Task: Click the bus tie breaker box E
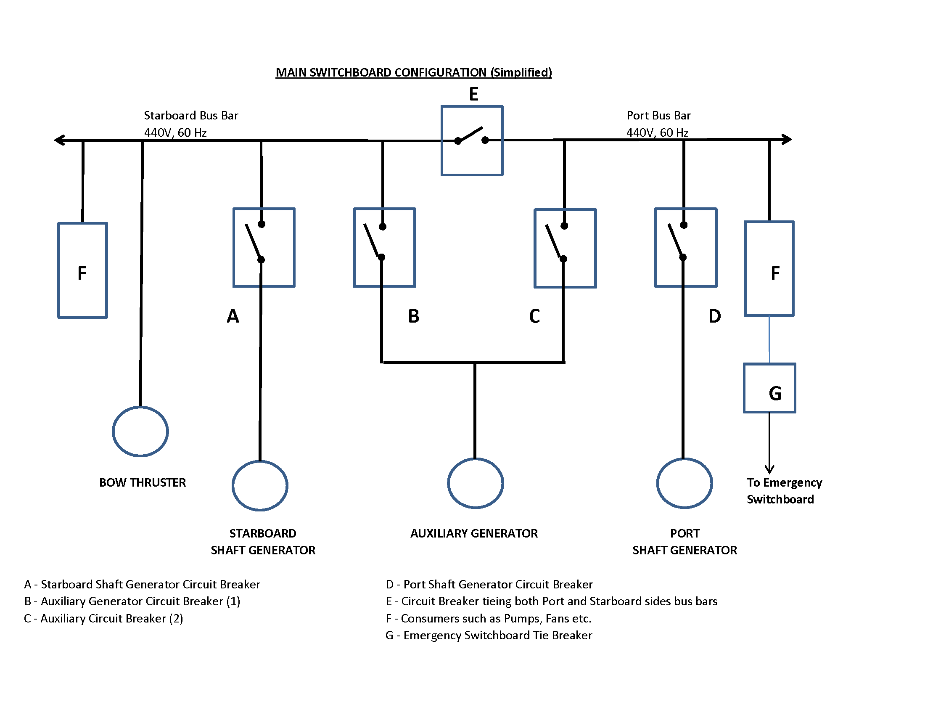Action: [472, 140]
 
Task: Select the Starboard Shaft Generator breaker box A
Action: [264, 247]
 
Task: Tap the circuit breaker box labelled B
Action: [384, 247]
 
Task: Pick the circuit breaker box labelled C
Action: [565, 248]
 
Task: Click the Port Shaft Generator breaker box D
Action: [686, 247]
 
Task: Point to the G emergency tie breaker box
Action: [769, 388]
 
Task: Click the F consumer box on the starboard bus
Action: [82, 270]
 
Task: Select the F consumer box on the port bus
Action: [769, 269]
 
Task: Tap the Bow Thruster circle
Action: [140, 431]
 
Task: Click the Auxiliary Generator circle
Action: [475, 483]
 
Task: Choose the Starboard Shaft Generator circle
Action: [260, 485]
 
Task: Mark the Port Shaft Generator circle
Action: [684, 483]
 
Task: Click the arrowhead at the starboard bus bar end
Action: [60, 140]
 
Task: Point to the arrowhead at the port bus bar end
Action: [787, 139]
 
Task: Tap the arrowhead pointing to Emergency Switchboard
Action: [769, 469]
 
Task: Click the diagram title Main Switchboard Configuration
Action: [413, 72]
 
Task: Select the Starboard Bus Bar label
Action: [191, 115]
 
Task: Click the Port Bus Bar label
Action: [658, 115]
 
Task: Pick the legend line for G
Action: [489, 636]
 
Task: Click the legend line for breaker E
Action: [552, 601]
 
